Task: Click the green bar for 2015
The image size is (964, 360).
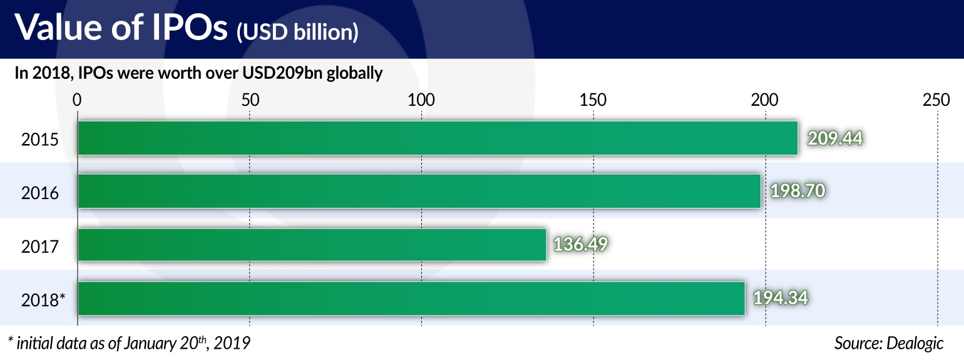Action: click(438, 138)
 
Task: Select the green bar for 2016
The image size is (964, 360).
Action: click(419, 191)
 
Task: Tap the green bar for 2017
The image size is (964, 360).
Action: click(312, 244)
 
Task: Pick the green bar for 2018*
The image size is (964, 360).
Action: click(411, 298)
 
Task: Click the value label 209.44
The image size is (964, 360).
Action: click(835, 138)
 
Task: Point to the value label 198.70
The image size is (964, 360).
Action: click(797, 191)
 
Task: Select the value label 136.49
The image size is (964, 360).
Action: click(580, 244)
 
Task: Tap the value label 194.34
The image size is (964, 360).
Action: click(781, 298)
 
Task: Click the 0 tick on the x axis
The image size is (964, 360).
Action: click(77, 100)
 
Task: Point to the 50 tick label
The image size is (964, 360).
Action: click(249, 100)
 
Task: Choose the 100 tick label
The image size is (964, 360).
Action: click(421, 100)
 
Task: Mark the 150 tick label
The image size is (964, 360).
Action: click(593, 100)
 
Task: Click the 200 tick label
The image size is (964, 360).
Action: click(764, 100)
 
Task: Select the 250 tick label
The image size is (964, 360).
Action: click(936, 100)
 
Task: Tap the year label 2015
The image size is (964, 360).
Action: click(40, 139)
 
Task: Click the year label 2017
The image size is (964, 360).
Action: click(40, 246)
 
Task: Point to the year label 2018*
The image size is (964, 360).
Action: click(43, 300)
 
